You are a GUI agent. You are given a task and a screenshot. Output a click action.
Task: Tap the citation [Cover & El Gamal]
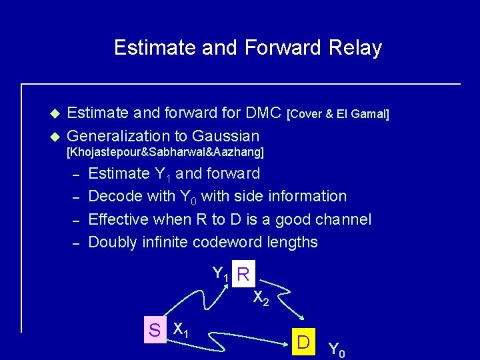click(x=337, y=115)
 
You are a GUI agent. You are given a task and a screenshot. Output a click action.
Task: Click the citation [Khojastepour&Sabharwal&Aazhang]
click(x=166, y=153)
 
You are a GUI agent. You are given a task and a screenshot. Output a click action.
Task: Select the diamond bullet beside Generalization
click(x=56, y=137)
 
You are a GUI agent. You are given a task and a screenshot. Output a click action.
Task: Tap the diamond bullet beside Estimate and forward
click(x=56, y=114)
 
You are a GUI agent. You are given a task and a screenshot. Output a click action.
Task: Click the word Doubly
click(x=113, y=242)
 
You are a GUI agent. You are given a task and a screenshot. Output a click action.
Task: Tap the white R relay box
click(x=244, y=275)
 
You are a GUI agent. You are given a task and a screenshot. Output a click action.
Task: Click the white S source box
click(x=155, y=329)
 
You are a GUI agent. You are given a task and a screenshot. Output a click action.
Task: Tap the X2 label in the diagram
click(x=261, y=299)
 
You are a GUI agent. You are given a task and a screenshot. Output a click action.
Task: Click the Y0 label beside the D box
click(x=337, y=348)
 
